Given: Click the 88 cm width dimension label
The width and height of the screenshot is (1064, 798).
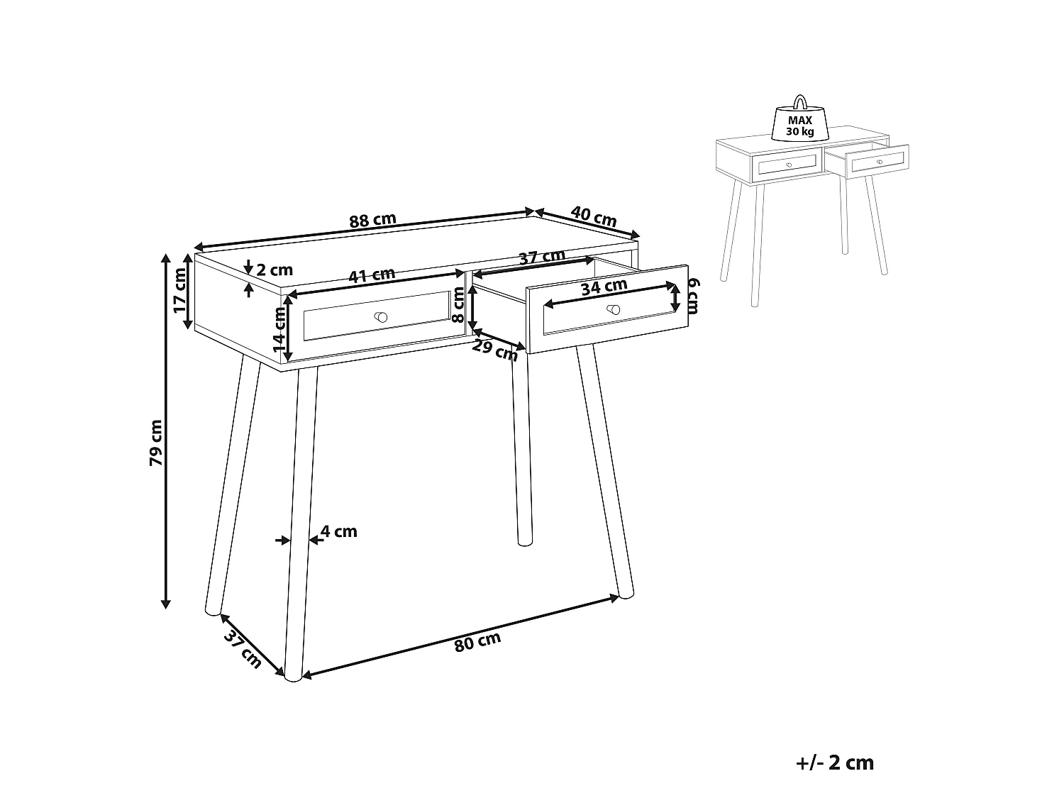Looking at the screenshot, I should tap(372, 221).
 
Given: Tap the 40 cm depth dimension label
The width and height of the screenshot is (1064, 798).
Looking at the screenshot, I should tap(594, 216).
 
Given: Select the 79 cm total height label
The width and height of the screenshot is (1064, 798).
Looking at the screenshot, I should tap(156, 443).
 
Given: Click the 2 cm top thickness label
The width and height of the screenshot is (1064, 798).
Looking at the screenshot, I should tap(275, 270).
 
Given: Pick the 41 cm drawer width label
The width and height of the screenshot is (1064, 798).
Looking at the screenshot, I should tap(372, 275).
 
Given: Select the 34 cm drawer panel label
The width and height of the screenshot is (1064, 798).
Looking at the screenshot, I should tap(604, 287).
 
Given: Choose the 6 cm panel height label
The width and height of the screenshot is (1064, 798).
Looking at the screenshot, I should tap(693, 296).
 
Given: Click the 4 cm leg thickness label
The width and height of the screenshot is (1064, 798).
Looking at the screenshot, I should tap(339, 531).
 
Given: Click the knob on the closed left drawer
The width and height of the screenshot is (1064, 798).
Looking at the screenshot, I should tap(381, 316).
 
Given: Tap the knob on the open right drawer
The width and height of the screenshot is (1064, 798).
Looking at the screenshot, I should tap(614, 309).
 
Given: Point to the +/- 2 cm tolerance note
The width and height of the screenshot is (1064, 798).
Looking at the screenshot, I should tap(836, 763).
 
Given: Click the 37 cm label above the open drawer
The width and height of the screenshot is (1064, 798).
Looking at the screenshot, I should tap(542, 257).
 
